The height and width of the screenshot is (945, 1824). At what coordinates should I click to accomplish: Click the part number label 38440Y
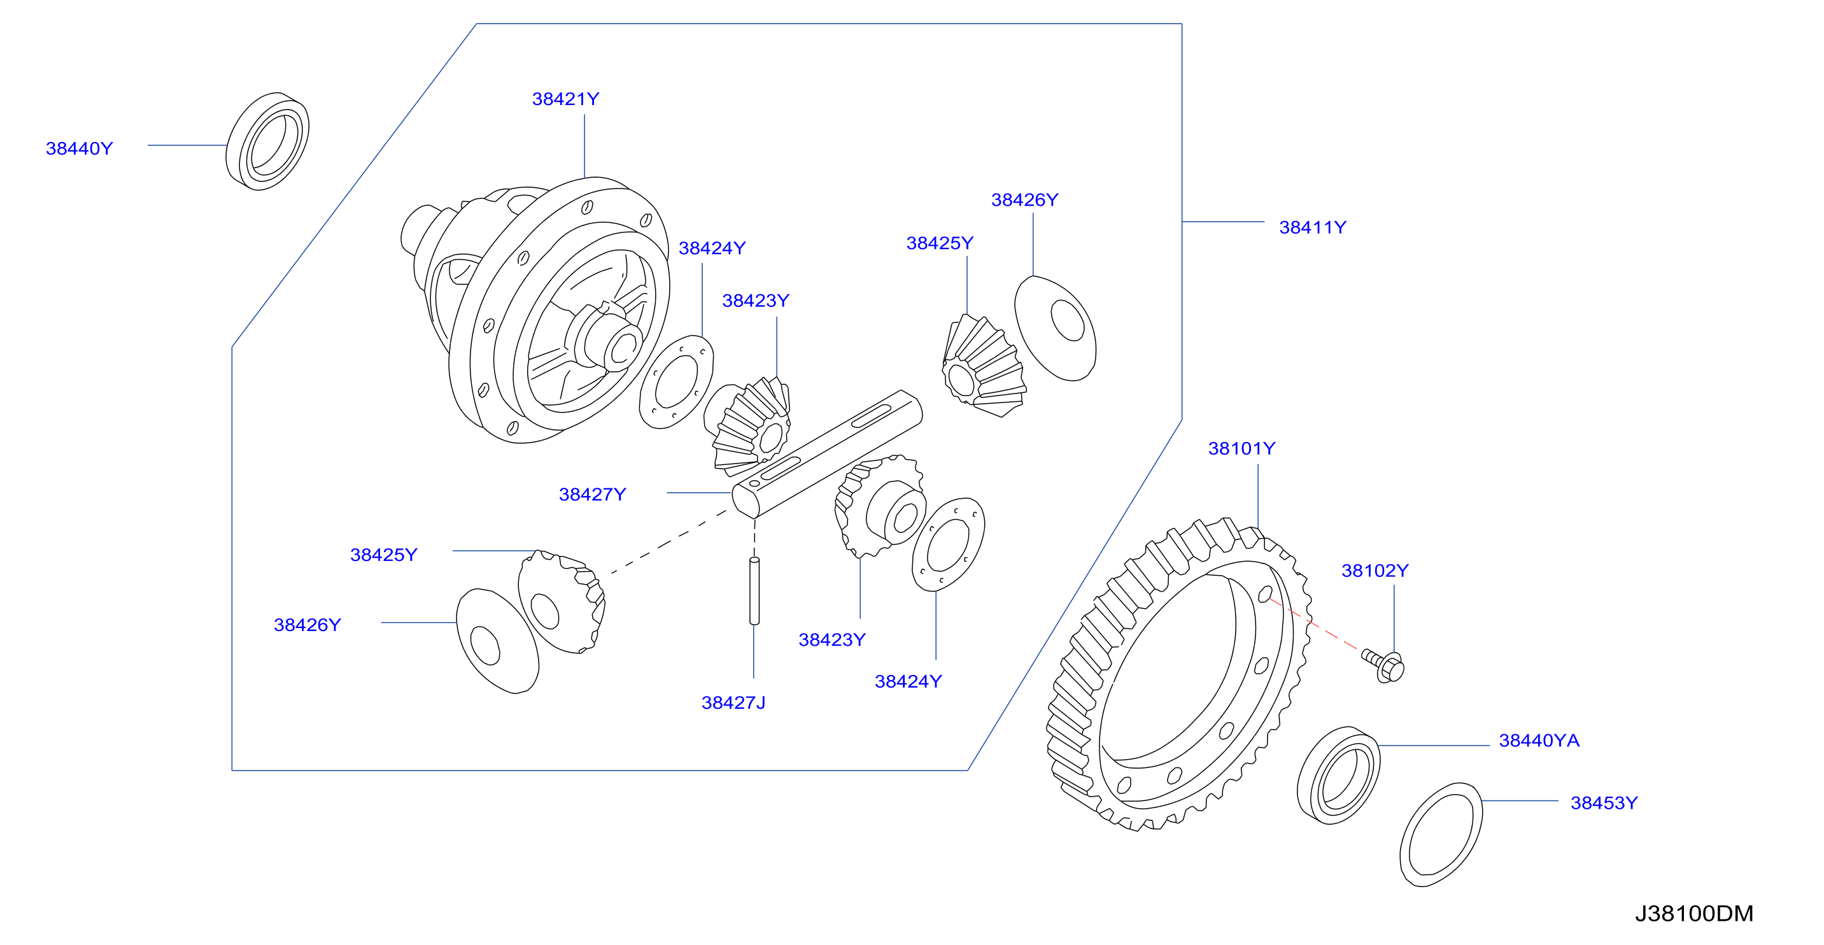coord(80,149)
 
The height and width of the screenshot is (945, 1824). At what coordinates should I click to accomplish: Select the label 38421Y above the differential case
coord(566,99)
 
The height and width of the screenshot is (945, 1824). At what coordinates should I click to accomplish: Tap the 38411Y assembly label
coord(1313,227)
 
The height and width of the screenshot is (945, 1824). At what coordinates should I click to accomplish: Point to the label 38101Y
coord(1242,448)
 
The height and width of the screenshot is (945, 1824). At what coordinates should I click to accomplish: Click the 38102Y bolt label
coord(1375,571)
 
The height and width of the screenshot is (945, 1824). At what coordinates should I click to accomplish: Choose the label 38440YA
coord(1539,741)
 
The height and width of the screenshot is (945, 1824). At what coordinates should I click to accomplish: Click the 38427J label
coord(733,703)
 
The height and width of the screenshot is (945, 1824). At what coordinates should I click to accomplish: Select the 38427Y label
coord(593,494)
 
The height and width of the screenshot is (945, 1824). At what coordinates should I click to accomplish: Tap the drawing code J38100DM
coord(1694,914)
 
